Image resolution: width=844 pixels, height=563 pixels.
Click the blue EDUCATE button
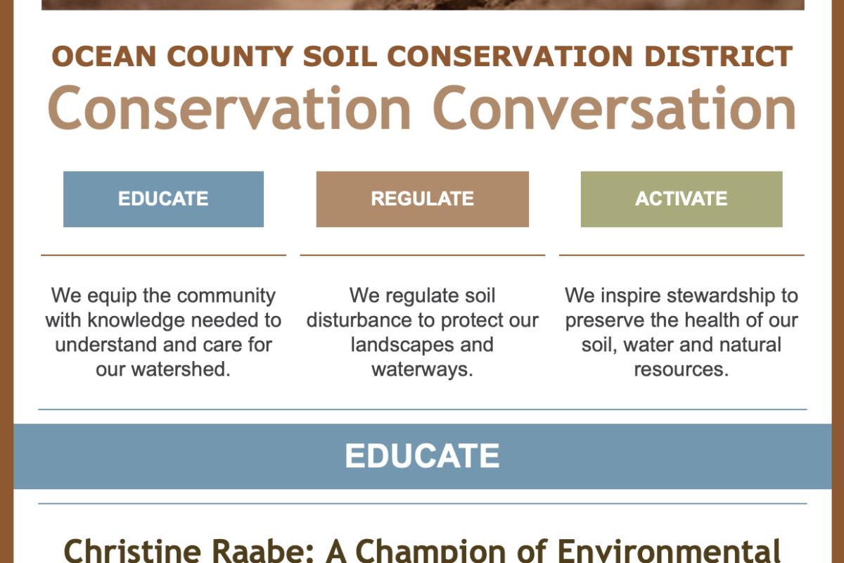pos(163,199)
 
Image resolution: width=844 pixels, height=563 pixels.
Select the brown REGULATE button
pos(423,199)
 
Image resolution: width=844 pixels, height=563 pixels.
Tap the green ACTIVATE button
pos(682,199)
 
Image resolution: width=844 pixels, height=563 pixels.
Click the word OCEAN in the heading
pos(104,56)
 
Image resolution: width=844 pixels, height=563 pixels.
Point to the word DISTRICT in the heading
pos(719,56)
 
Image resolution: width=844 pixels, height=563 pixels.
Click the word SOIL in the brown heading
pos(340,56)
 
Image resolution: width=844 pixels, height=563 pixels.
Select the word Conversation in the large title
pos(615,108)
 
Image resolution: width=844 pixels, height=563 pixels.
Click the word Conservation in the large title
pos(229,108)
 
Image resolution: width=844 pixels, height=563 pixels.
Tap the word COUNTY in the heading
pos(230,56)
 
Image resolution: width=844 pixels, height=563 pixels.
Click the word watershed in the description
pos(181,369)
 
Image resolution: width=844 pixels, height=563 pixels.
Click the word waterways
pos(422,369)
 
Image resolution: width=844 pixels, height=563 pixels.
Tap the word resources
pos(682,369)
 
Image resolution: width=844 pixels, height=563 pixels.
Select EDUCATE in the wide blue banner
pos(423,456)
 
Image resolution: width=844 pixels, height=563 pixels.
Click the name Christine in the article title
pos(133,551)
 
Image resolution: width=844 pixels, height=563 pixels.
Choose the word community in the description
pos(226,296)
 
